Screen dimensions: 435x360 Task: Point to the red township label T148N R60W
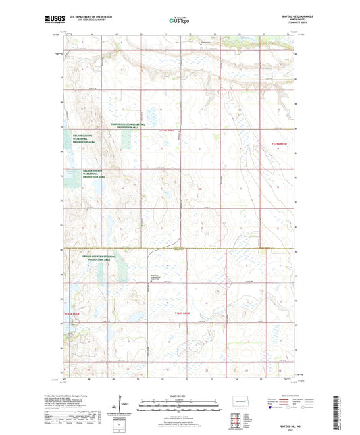(185, 313)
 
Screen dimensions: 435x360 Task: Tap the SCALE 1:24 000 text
(179, 395)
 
